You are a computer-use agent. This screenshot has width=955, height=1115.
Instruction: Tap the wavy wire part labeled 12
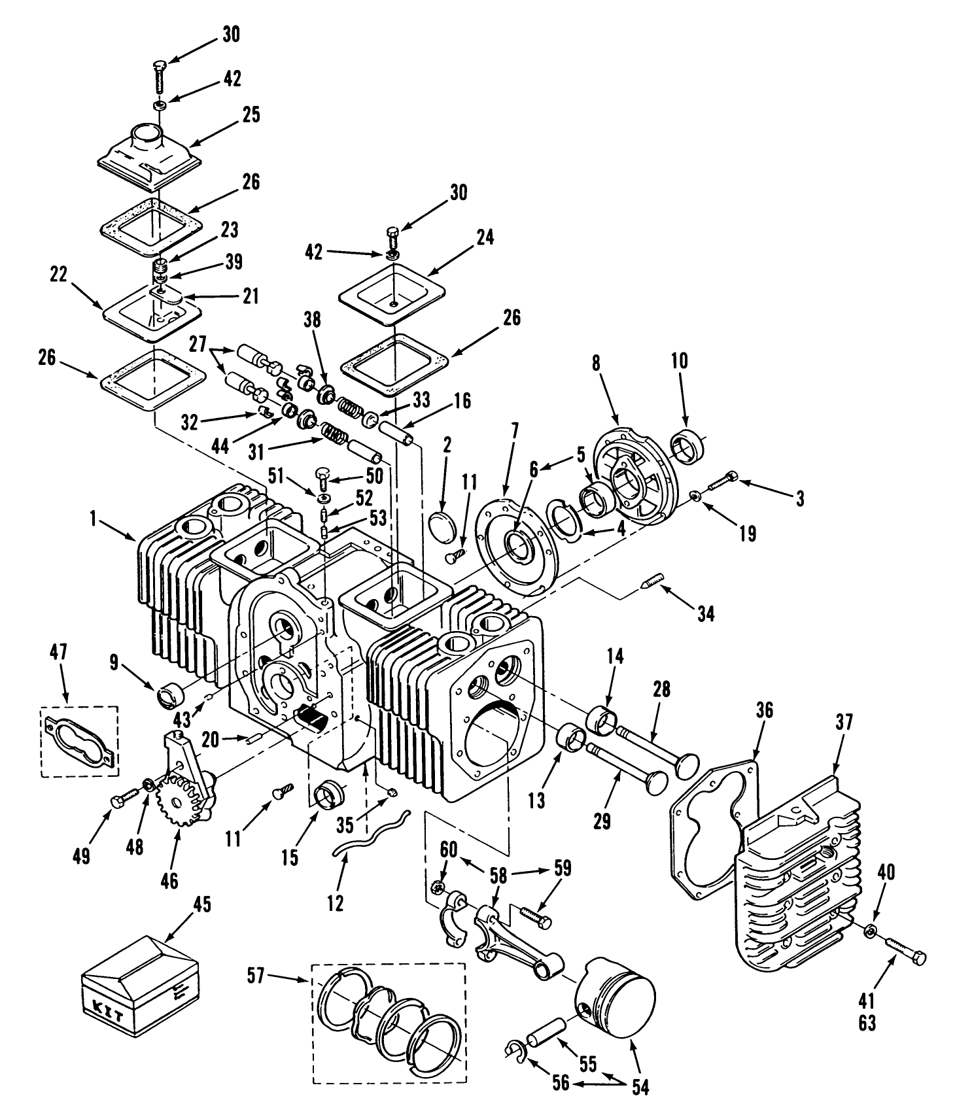[370, 831]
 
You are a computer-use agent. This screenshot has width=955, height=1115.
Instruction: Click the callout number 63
[867, 1022]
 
